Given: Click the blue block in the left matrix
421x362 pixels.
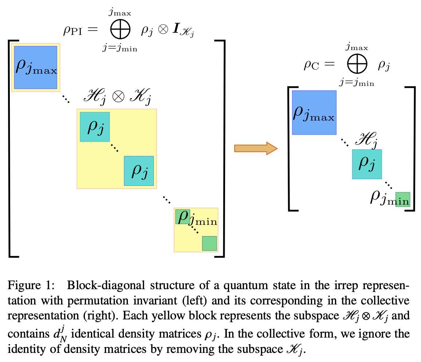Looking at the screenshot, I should [36, 67].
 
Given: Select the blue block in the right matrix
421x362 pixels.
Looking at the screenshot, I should [314, 113].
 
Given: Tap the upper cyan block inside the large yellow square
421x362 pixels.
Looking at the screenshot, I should [95, 127].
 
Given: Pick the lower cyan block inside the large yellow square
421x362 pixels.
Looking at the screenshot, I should [139, 171].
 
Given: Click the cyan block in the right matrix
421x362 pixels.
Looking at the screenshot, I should [367, 164].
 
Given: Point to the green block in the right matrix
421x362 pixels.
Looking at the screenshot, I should [403, 200].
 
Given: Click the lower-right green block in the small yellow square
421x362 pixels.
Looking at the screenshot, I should [209, 243].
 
